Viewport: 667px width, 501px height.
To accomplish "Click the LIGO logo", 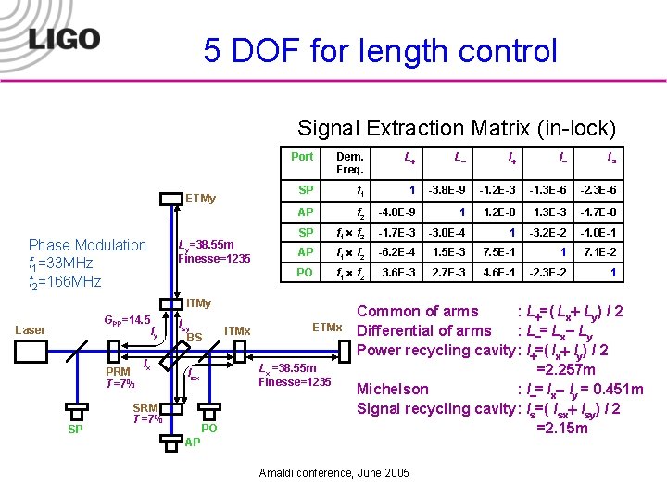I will pyautogui.click(x=64, y=38).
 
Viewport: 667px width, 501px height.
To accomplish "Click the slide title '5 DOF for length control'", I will pyautogui.click(x=381, y=50).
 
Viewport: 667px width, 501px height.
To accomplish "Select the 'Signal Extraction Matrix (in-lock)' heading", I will pyautogui.click(x=456, y=128).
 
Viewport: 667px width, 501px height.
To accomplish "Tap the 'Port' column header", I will pyautogui.click(x=302, y=157).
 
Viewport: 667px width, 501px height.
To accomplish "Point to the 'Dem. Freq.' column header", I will pyautogui.click(x=349, y=163).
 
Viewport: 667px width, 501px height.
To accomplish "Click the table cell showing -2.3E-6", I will pyautogui.click(x=598, y=191).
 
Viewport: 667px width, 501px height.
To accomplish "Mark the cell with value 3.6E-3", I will pyautogui.click(x=398, y=273).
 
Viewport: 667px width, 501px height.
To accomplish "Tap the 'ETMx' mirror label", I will pyautogui.click(x=327, y=328).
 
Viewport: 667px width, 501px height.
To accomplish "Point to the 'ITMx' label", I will pyautogui.click(x=237, y=331).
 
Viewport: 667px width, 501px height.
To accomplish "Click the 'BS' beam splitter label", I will pyautogui.click(x=195, y=338).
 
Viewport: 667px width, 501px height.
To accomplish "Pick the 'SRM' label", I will pyautogui.click(x=145, y=408).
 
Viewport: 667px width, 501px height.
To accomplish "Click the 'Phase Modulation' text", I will pyautogui.click(x=88, y=245).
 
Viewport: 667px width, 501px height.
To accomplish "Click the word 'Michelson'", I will pyautogui.click(x=393, y=389).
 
